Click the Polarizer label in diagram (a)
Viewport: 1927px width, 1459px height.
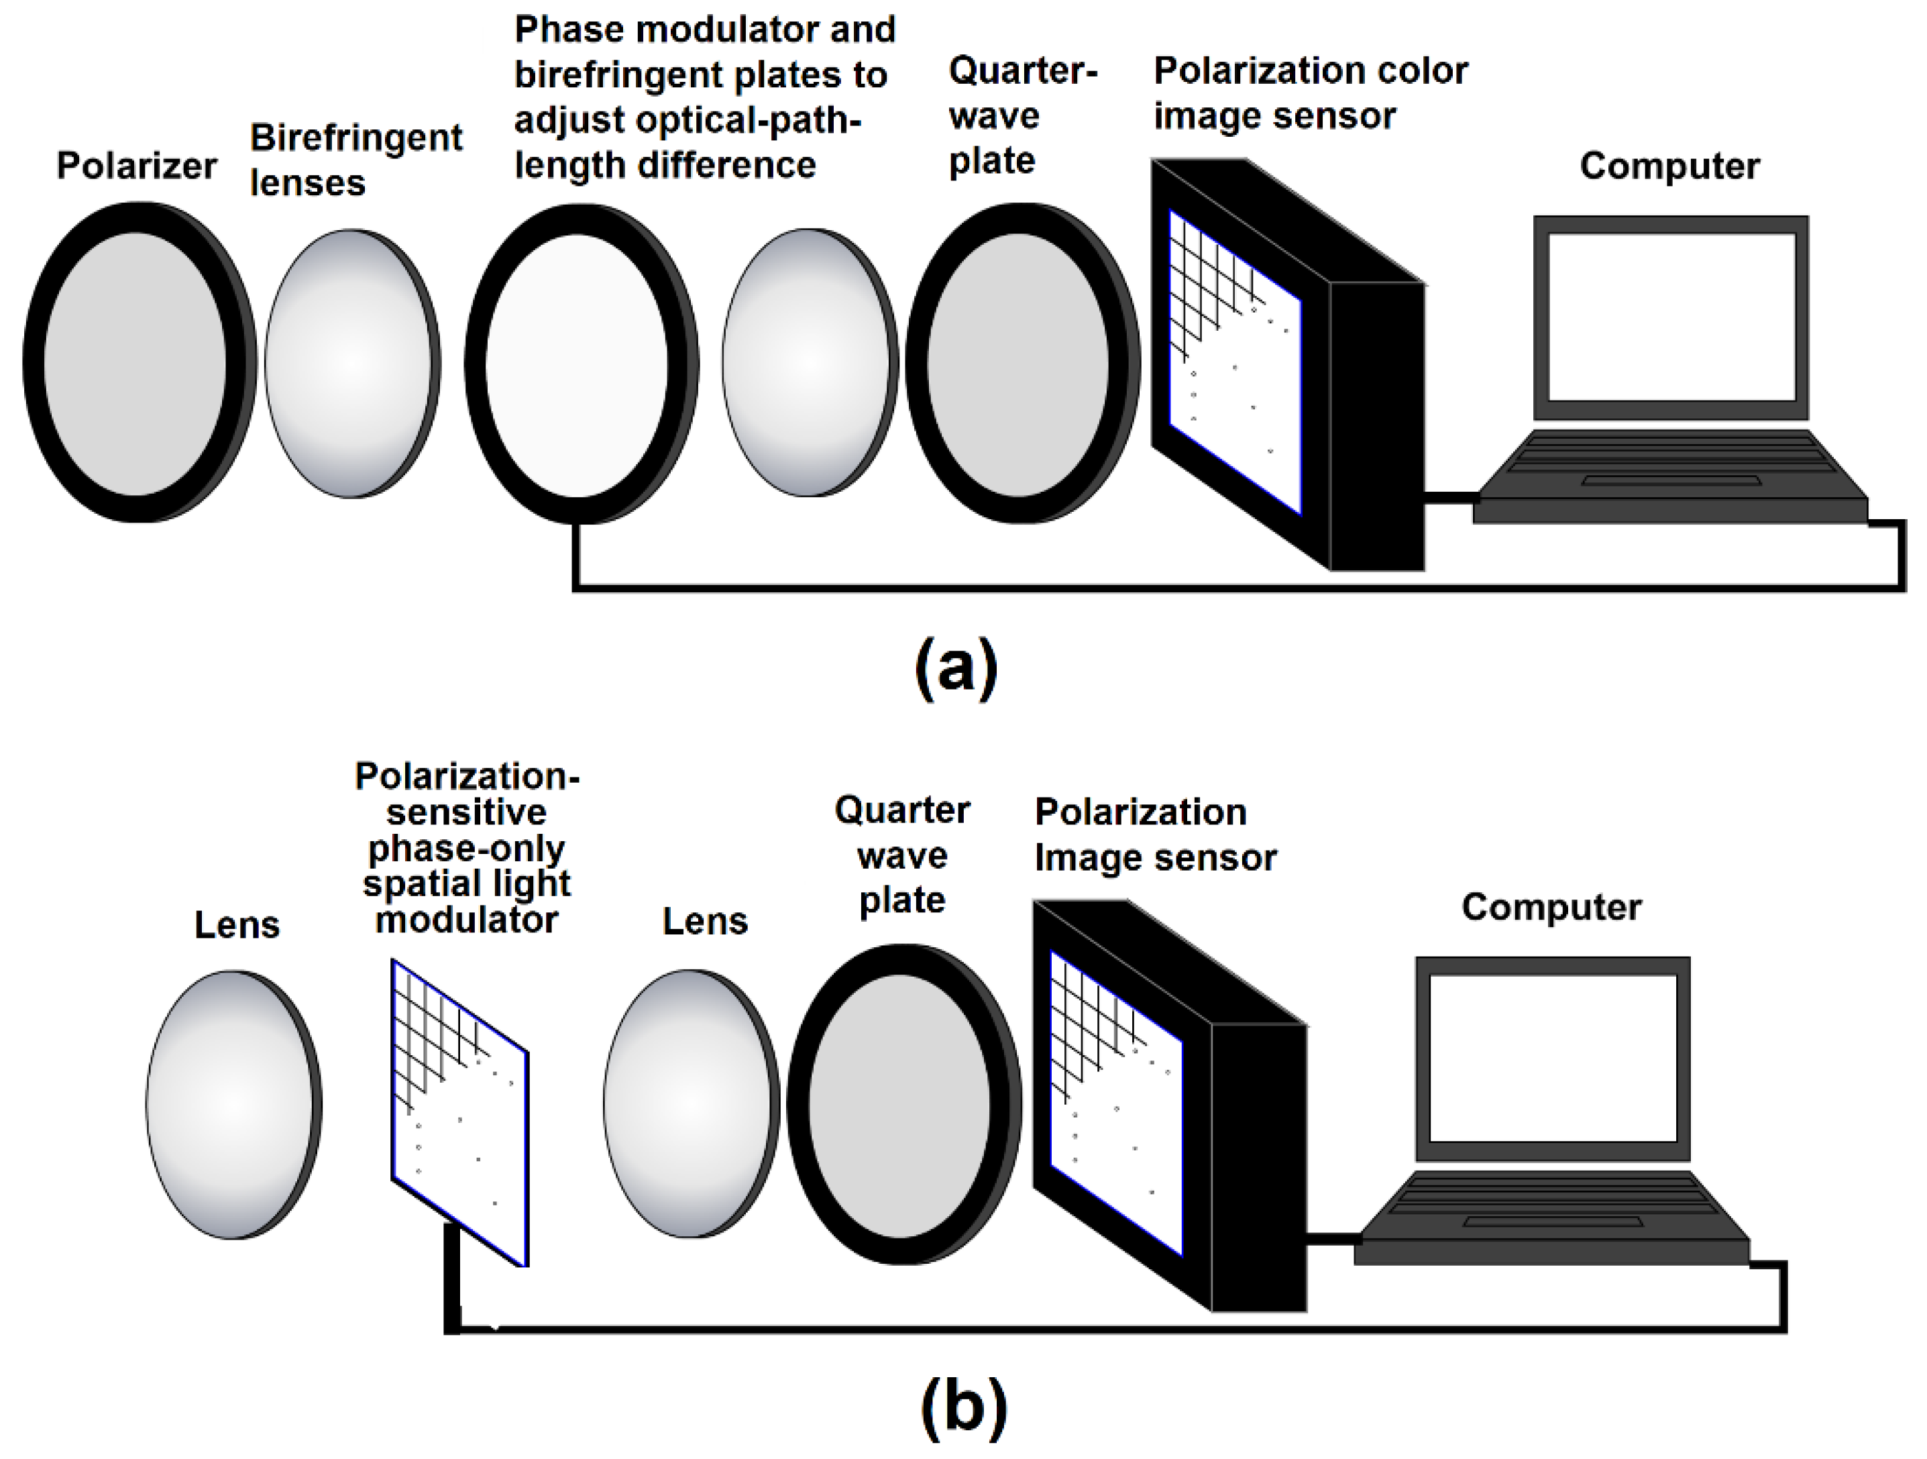[136, 166]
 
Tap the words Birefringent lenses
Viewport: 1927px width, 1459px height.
[355, 160]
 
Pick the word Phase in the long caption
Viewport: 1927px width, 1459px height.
[568, 30]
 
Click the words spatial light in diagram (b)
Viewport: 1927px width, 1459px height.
[466, 883]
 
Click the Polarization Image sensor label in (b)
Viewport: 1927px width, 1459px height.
[1154, 834]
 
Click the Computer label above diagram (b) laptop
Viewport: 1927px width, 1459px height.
[1551, 907]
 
